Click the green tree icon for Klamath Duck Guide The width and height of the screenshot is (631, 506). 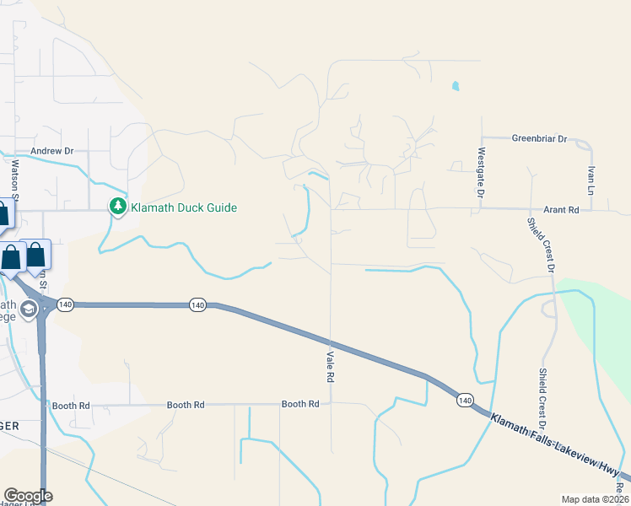tap(118, 207)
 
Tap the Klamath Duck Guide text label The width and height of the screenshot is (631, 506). tap(183, 207)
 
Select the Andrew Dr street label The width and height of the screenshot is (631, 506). tap(52, 151)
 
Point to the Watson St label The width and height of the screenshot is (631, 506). tap(14, 177)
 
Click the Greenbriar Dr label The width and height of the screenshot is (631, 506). tap(540, 138)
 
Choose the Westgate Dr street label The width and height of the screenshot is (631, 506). tap(481, 172)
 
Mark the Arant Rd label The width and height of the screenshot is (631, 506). tap(562, 210)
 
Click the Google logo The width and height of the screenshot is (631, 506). tap(28, 496)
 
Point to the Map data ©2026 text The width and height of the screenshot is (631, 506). tap(595, 499)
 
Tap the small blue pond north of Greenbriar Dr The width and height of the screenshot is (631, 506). tap(456, 85)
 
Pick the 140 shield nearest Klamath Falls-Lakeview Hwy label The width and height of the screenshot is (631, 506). tap(465, 399)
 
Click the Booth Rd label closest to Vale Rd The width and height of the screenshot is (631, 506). tap(300, 405)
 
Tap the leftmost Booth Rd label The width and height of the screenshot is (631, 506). tap(71, 406)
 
